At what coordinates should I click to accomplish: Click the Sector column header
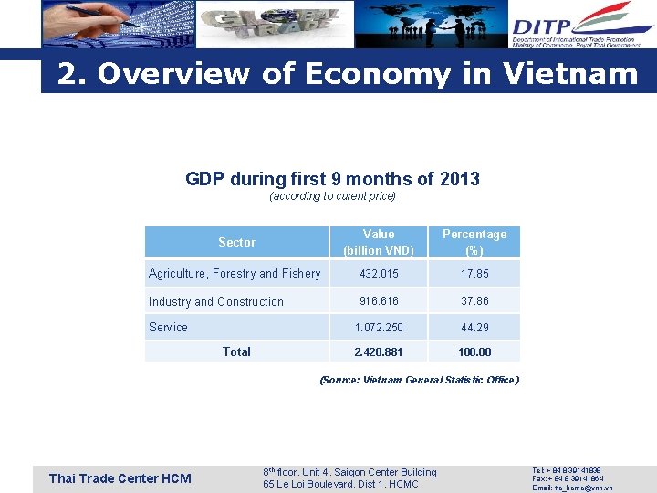(x=236, y=242)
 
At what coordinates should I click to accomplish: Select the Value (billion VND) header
(x=379, y=242)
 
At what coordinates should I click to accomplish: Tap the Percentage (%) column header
(x=474, y=242)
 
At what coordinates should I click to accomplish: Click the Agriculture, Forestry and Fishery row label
(x=235, y=273)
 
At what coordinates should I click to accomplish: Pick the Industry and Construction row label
(x=216, y=301)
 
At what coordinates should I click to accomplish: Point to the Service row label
(x=168, y=327)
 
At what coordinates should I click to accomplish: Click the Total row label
(x=236, y=351)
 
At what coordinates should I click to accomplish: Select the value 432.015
(x=379, y=273)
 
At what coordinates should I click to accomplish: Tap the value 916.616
(x=379, y=301)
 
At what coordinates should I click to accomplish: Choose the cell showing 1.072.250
(x=379, y=327)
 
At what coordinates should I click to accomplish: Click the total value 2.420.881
(x=379, y=351)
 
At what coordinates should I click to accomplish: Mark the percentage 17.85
(x=474, y=273)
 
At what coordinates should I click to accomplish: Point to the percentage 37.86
(x=474, y=301)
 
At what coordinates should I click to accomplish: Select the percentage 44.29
(x=474, y=327)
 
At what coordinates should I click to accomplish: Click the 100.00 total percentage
(x=474, y=351)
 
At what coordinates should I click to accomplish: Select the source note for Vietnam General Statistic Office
(x=419, y=380)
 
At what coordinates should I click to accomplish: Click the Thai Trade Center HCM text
(x=120, y=478)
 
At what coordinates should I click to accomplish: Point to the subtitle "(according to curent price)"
(x=332, y=196)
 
